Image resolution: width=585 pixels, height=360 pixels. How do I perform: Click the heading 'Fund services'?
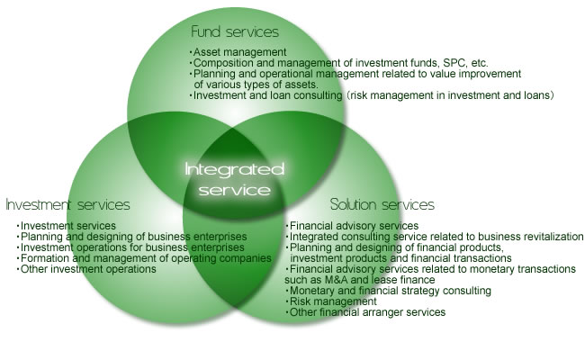[235, 32]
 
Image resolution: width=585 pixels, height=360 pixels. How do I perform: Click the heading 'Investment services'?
[67, 204]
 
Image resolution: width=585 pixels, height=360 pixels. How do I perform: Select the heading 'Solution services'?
[382, 204]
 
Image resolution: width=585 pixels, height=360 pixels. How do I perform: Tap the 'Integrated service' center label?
[233, 179]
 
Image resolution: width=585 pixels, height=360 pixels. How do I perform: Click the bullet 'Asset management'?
[238, 52]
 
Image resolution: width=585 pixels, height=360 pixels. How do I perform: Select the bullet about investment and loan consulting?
[371, 94]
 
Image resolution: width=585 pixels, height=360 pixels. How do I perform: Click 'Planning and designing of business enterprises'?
[144, 236]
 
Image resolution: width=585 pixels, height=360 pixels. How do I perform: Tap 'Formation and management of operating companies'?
[144, 257]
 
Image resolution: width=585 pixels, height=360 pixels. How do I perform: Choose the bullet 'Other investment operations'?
[87, 268]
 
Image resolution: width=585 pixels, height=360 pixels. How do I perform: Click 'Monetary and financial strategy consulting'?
[389, 291]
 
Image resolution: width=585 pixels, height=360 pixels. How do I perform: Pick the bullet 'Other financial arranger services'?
[366, 312]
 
